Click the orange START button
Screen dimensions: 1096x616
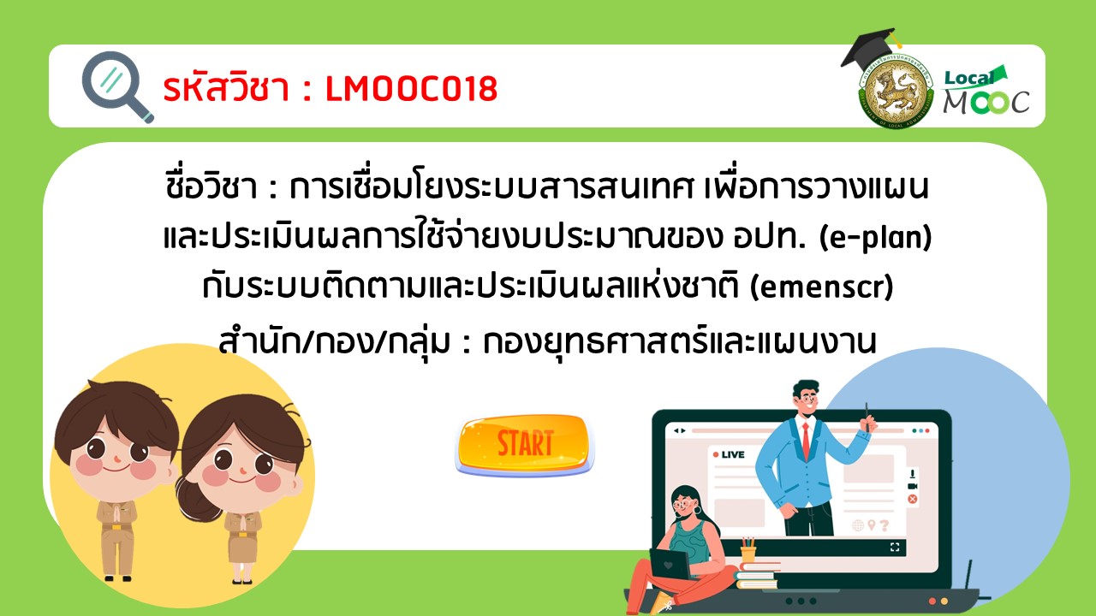tap(525, 445)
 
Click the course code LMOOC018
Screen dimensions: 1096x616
tap(412, 89)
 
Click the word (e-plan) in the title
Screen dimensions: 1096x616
tap(875, 238)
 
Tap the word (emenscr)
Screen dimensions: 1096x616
tap(821, 287)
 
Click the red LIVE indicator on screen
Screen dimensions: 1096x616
tap(729, 454)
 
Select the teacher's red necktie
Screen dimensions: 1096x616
tap(806, 440)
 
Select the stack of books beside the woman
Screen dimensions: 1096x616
tap(756, 575)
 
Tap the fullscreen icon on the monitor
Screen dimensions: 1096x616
tap(895, 547)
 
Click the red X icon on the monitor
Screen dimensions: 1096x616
tap(913, 499)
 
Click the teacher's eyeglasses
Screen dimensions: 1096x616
tap(808, 399)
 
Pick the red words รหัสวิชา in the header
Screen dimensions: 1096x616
tap(226, 88)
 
